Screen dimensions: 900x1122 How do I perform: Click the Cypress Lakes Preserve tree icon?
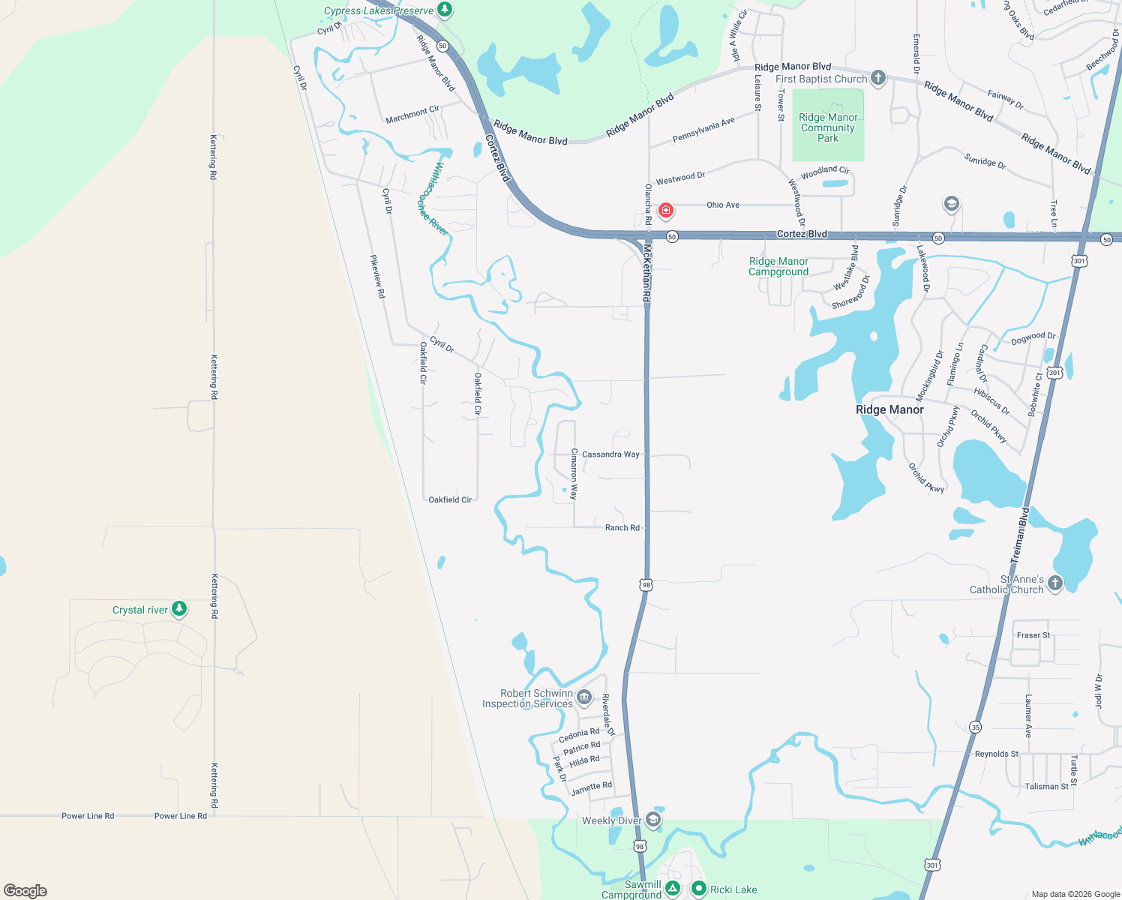(x=445, y=10)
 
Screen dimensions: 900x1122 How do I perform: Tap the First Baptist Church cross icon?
(x=878, y=78)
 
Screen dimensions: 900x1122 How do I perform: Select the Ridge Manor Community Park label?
(x=828, y=127)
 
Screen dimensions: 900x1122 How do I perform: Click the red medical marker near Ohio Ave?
(x=665, y=210)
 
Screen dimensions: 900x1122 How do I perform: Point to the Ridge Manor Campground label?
(x=778, y=266)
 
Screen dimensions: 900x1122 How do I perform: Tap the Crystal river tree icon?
(x=179, y=608)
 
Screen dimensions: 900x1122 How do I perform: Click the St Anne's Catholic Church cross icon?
(x=1055, y=583)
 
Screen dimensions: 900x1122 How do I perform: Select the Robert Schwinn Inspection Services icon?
(x=584, y=697)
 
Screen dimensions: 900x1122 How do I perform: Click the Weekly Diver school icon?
(x=653, y=819)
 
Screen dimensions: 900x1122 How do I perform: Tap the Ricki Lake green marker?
(x=699, y=889)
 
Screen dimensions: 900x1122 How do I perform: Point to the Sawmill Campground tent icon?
(x=673, y=889)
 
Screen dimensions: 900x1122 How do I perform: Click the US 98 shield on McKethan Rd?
(x=646, y=584)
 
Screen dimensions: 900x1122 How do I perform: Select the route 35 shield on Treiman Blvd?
(x=975, y=727)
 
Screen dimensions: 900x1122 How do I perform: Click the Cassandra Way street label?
(x=610, y=454)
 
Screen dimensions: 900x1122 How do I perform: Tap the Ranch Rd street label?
(x=622, y=528)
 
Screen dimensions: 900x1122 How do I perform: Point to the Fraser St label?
(x=1033, y=635)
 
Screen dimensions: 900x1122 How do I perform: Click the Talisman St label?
(x=1046, y=787)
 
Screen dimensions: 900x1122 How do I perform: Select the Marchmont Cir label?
(x=412, y=115)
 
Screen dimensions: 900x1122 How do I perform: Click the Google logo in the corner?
(x=25, y=891)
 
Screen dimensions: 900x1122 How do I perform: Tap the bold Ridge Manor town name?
(x=889, y=409)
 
